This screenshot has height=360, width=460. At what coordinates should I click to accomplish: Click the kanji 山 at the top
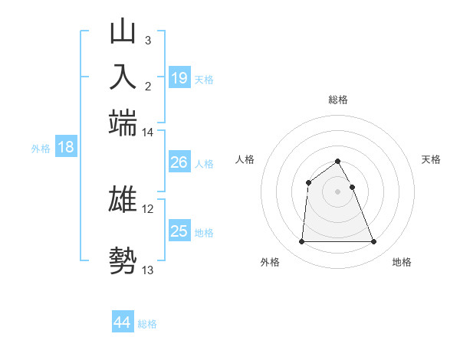pyautogui.click(x=123, y=32)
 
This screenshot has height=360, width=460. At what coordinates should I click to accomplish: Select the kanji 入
pyautogui.click(x=123, y=77)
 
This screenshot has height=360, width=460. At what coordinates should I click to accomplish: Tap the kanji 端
pyautogui.click(x=123, y=123)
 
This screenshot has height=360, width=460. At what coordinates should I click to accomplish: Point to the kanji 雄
pyautogui.click(x=123, y=199)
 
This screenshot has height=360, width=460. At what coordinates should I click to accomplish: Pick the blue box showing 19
pyautogui.click(x=179, y=78)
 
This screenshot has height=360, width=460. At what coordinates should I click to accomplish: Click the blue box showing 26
pyautogui.click(x=179, y=162)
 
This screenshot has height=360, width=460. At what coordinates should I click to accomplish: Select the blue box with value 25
pyautogui.click(x=179, y=231)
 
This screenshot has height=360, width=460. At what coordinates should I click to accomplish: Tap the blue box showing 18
pyautogui.click(x=66, y=148)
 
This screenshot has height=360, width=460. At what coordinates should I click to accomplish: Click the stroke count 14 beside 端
pyautogui.click(x=147, y=133)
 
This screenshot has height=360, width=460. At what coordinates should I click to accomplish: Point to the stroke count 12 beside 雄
pyautogui.click(x=147, y=208)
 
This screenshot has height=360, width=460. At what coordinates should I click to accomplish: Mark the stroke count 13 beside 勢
pyautogui.click(x=147, y=270)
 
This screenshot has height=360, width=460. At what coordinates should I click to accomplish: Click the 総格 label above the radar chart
pyautogui.click(x=337, y=100)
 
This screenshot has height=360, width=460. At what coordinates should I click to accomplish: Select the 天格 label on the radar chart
pyautogui.click(x=431, y=159)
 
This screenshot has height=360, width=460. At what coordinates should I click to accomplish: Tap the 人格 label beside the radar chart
pyautogui.click(x=245, y=159)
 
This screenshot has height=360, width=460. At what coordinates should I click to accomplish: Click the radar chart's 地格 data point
pyautogui.click(x=373, y=242)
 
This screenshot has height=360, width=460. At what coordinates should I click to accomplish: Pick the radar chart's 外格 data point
pyautogui.click(x=301, y=242)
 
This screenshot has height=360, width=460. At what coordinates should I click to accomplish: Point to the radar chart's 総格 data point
pyautogui.click(x=337, y=161)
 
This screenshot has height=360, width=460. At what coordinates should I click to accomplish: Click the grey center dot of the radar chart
pyautogui.click(x=337, y=191)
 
